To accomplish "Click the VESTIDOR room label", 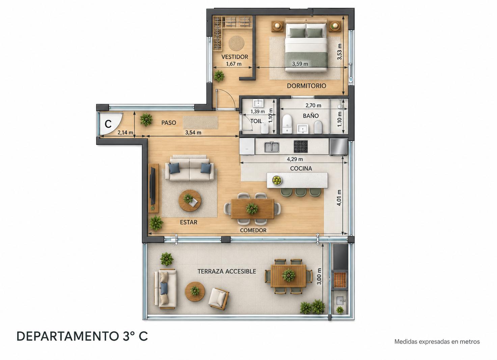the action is (x=234, y=57).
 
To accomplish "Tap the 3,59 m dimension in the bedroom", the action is (x=300, y=64).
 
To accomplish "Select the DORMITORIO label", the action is (x=306, y=86).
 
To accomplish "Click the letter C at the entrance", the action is (x=108, y=124).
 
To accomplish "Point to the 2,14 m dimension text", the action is (x=125, y=132).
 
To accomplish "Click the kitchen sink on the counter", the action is (x=272, y=147).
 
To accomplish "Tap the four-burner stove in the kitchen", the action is (x=301, y=147).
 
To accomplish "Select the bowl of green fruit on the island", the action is (x=277, y=180).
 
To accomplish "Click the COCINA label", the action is (x=301, y=169).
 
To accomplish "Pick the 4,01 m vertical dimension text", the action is (x=339, y=198).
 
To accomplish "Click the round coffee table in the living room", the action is (x=190, y=201).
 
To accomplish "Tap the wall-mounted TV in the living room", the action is (x=153, y=186).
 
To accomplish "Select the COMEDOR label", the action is (x=253, y=230).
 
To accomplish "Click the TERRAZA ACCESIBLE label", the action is (x=226, y=271).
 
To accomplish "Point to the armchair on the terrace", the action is (x=219, y=298).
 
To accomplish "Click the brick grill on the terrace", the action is (x=339, y=280).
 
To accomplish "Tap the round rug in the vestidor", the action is (x=236, y=43).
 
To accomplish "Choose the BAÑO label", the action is (x=311, y=116).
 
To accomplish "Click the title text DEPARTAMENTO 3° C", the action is (x=82, y=336).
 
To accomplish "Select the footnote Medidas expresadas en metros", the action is (x=437, y=341).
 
